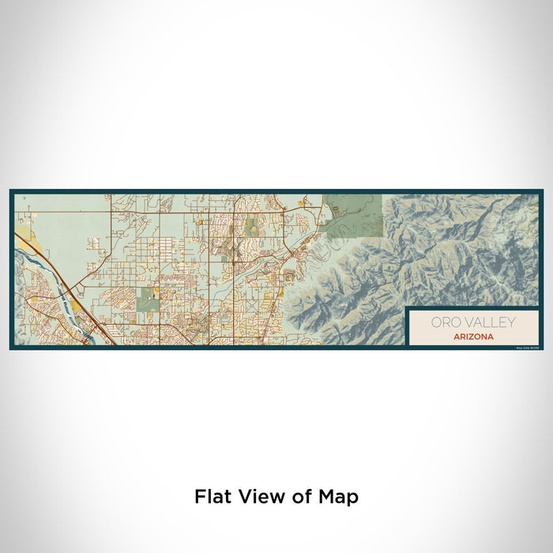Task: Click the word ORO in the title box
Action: [444, 322]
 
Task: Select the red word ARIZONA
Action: [474, 337]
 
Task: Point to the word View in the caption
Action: [258, 497]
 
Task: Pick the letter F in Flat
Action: [199, 497]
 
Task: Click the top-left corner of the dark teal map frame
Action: [11, 190]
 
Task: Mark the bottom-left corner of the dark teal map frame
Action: [11, 348]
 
